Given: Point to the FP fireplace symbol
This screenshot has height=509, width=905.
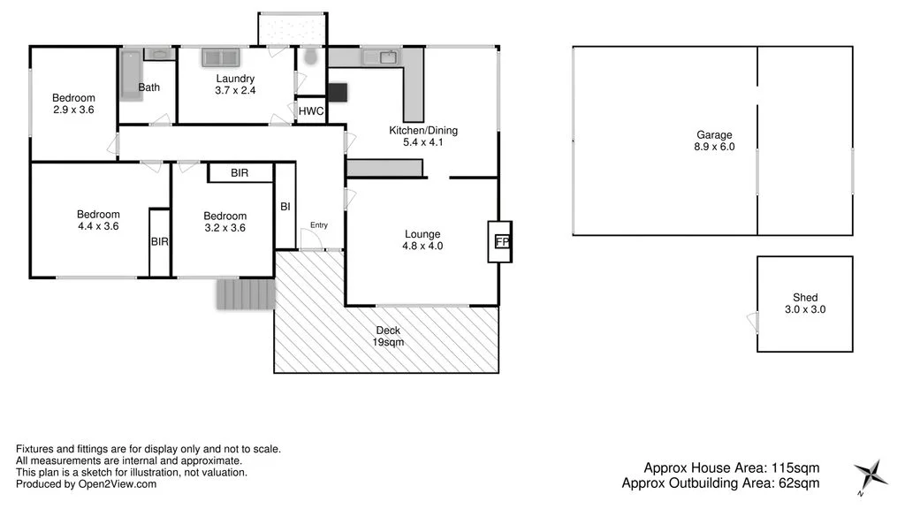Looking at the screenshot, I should pos(501,241).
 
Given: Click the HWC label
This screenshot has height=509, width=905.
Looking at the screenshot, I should pos(310,111).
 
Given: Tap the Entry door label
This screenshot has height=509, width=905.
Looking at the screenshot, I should pos(318,225).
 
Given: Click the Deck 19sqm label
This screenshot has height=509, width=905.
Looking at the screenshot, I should pos(387,337).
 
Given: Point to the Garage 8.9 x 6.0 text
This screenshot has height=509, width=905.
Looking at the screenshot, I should pos(714,141).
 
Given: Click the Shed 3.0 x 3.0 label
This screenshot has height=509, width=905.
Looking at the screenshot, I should pos(805,304).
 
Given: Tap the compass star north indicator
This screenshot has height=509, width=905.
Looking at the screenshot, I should pos(871,475).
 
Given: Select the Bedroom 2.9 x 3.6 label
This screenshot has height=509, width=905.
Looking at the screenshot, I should pos(73,103).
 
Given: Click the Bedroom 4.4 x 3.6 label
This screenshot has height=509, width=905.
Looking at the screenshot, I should pos(98,220).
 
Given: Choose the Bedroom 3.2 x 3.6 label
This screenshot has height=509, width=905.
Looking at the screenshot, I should pos(224,222).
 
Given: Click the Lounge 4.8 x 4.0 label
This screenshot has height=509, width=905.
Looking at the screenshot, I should pos(422,240).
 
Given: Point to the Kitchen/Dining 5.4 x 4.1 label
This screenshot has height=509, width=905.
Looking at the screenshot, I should pos(423,136).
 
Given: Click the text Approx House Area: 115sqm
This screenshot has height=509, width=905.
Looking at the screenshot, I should pos(731,467).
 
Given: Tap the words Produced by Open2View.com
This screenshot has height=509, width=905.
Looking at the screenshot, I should pos(86,483).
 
